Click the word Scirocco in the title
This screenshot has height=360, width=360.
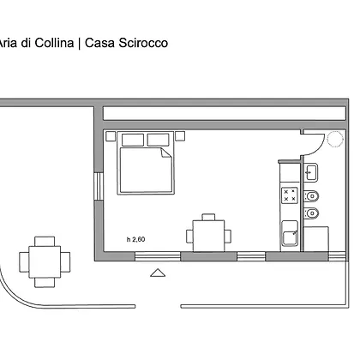(143, 43)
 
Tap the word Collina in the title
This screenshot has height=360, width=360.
(54, 43)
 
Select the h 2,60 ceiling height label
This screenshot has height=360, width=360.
(136, 239)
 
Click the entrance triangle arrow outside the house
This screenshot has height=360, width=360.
(158, 273)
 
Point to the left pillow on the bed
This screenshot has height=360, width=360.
(133, 140)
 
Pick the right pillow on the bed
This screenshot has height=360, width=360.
(159, 140)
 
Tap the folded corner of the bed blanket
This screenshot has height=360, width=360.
(166, 153)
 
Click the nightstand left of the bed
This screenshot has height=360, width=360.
(111, 136)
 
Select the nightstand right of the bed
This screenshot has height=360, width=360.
(180, 136)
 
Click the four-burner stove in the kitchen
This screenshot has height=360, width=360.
(290, 195)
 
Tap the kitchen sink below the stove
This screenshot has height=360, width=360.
(290, 237)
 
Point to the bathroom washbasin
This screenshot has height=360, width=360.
(311, 172)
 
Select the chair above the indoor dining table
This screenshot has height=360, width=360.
(208, 217)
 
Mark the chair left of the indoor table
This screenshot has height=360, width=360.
(189, 237)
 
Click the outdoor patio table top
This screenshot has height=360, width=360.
(45, 262)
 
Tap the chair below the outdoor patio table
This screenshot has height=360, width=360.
(45, 283)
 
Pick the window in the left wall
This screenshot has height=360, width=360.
(99, 186)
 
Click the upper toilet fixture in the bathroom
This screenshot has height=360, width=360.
(311, 196)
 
